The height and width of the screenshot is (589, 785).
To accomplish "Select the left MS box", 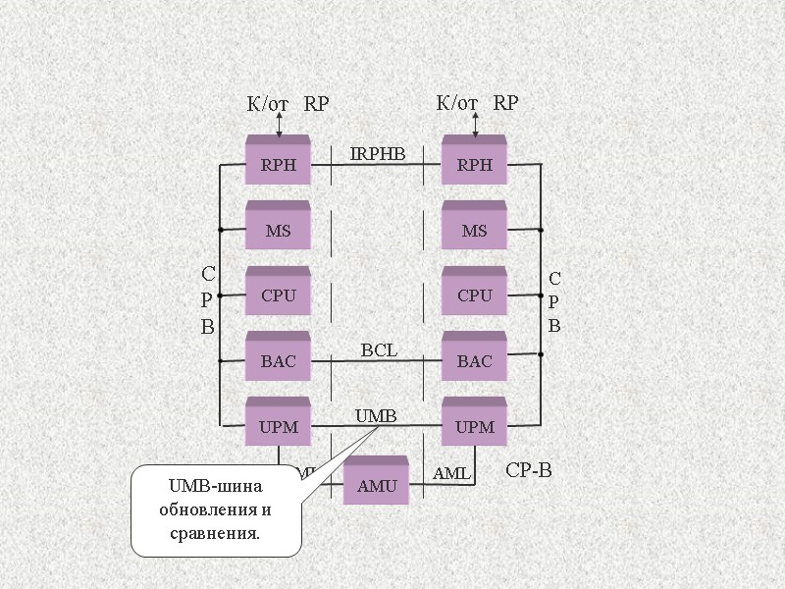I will [278, 231].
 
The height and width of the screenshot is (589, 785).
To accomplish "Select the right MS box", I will [474, 231].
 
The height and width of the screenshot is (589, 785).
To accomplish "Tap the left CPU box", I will [278, 295].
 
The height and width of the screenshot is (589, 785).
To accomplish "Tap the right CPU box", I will [474, 295].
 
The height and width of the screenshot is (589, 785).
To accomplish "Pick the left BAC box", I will [278, 361].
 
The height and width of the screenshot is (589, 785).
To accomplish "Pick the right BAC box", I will [474, 361].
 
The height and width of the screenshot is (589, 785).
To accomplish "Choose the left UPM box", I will [278, 427].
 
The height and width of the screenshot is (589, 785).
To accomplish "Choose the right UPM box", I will [474, 427].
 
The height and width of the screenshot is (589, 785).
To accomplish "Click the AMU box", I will [376, 485].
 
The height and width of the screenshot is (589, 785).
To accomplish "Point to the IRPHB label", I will [378, 153].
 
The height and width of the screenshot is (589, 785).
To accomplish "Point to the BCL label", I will [379, 349].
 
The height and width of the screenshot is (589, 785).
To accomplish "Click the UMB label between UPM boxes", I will [376, 416].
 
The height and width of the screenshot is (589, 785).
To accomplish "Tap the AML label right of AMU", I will [451, 474].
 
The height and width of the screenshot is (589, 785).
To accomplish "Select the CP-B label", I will [529, 471].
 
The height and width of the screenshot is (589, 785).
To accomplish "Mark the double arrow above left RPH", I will [279, 125].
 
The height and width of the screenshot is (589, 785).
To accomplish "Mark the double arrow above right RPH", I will [475, 125].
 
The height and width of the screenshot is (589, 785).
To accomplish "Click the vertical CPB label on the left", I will [208, 300].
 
